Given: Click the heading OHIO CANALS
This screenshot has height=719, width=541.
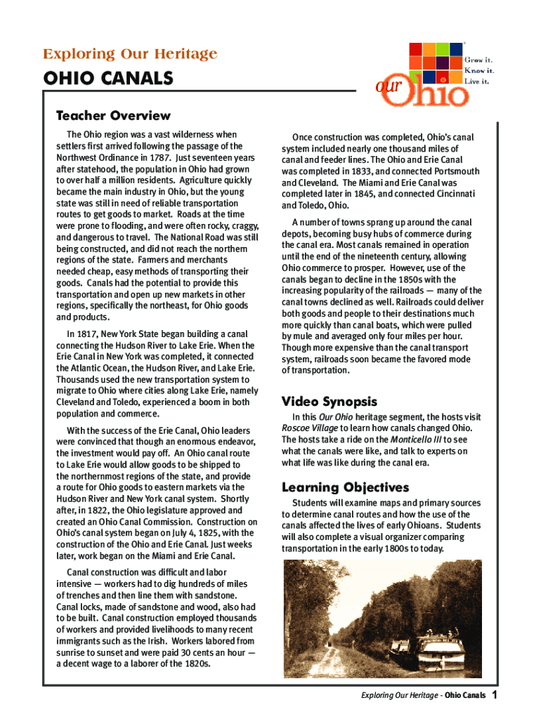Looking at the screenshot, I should tap(108, 79).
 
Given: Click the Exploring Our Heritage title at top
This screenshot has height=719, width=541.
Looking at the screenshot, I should tap(130, 54).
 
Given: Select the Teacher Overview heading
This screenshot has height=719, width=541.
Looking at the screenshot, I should tap(113, 115).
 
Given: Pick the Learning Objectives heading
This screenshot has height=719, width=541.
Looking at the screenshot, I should tap(345, 487).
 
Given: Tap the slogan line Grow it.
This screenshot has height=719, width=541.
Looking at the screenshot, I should tap(478, 60).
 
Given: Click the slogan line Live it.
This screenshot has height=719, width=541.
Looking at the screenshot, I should tap(477, 81).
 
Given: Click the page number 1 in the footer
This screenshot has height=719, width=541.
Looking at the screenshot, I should tap(495, 695).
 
